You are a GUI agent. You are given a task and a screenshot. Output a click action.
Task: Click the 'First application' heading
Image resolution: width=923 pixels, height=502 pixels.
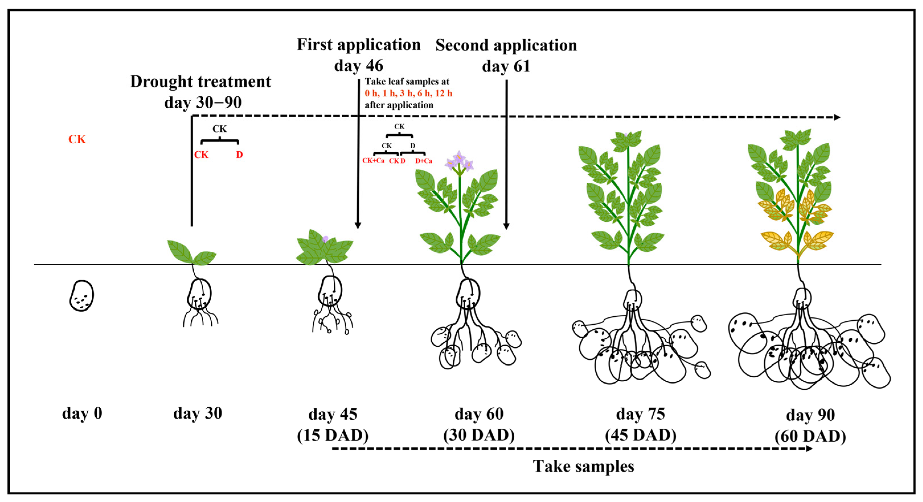[359, 45]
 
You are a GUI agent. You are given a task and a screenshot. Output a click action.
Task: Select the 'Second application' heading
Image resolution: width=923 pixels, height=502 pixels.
[506, 46]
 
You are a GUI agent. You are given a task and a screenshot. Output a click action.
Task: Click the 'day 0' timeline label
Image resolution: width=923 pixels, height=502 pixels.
[82, 413]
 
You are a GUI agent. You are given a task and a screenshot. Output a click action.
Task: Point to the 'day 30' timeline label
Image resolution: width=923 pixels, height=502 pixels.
[197, 413]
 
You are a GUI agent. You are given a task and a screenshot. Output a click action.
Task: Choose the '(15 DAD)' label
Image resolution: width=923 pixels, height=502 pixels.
[333, 435]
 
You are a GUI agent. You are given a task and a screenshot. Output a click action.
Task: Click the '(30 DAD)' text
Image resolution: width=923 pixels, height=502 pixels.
[479, 435]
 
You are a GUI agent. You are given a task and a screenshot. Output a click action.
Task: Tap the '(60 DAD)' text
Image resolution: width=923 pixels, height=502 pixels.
[810, 437]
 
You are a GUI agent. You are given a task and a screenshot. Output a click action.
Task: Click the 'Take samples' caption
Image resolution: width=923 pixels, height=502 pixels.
[583, 466]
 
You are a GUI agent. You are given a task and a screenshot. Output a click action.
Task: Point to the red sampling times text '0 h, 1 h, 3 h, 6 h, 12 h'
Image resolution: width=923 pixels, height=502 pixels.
[408, 93]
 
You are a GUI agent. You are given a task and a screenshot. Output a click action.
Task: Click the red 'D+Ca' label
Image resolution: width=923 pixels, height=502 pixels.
[423, 161]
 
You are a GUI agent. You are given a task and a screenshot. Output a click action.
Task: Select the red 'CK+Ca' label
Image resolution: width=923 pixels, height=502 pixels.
[373, 161]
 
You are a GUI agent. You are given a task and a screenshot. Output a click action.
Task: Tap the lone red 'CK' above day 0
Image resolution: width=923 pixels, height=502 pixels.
[77, 139]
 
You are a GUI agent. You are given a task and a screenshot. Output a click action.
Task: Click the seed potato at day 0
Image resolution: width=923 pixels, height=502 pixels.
[82, 296]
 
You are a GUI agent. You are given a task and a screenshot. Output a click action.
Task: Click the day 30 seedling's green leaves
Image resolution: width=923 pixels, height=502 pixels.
[192, 253]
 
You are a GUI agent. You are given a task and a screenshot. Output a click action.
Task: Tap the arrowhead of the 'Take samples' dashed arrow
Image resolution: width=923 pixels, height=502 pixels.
[809, 449]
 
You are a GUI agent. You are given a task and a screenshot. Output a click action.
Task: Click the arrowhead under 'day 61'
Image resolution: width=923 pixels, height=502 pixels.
[506, 226]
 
